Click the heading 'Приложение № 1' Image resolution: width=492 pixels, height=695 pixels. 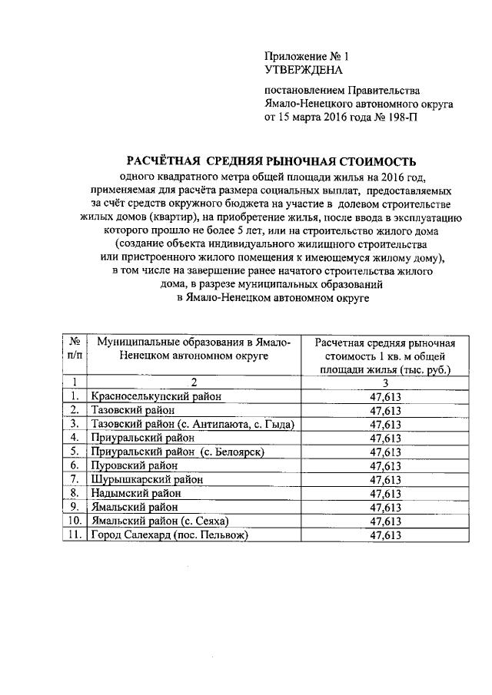(306, 56)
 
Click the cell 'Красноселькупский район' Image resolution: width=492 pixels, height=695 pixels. (156, 396)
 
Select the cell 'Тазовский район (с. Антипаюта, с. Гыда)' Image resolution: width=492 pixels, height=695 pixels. (193, 424)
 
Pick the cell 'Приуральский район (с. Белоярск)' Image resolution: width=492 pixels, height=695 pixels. (178, 452)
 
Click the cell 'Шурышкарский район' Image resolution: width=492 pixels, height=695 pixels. (147, 479)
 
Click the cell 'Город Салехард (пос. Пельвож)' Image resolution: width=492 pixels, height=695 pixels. (170, 534)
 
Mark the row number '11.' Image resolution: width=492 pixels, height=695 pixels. (75, 534)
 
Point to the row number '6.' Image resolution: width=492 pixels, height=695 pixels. (75, 465)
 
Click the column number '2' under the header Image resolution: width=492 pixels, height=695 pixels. (194, 382)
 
